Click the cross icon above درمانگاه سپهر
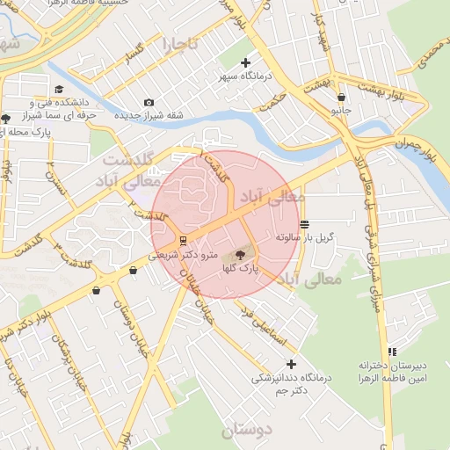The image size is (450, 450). pyautogui.click(x=245, y=62)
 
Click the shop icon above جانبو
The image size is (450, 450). pyautogui.click(x=340, y=98)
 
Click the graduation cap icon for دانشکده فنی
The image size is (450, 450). pyautogui.click(x=59, y=89)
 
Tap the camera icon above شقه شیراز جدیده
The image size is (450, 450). pyautogui.click(x=148, y=103)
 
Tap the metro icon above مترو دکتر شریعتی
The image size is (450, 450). pyautogui.click(x=182, y=240)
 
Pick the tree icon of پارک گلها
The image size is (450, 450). pyautogui.click(x=241, y=254)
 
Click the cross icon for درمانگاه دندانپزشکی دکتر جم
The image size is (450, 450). pyautogui.click(x=292, y=364)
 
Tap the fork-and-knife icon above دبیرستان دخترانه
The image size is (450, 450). pyautogui.click(x=392, y=352)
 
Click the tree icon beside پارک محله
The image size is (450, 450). pyautogui.click(x=6, y=118)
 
